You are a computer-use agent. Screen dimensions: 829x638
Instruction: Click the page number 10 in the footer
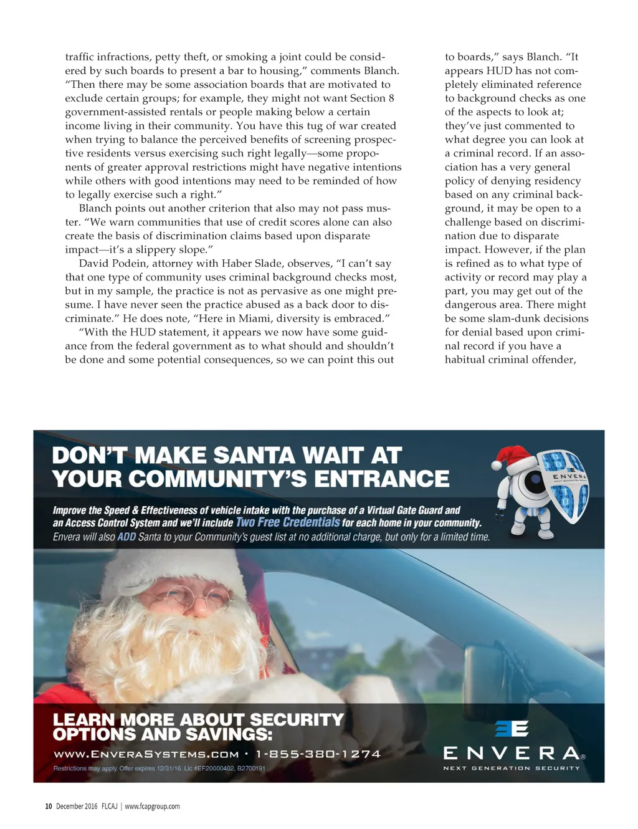pyautogui.click(x=48, y=806)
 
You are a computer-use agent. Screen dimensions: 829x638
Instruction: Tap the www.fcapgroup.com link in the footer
pyautogui.click(x=152, y=806)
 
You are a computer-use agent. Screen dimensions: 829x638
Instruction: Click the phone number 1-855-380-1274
pyautogui.click(x=318, y=754)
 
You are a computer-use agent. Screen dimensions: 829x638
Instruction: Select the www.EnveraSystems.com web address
pyautogui.click(x=146, y=754)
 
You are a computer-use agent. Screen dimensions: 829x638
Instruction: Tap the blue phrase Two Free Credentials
pyautogui.click(x=288, y=522)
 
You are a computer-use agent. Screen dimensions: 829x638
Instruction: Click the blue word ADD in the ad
pyautogui.click(x=126, y=537)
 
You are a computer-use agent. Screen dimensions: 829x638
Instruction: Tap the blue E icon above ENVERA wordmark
pyautogui.click(x=512, y=728)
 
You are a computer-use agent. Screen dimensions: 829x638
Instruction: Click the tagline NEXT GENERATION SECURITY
pyautogui.click(x=512, y=768)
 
